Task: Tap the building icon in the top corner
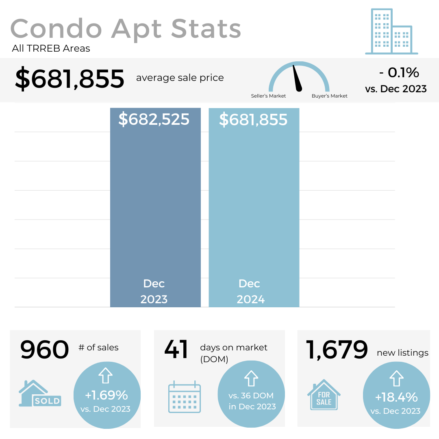(391, 32)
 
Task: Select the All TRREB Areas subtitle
(51, 49)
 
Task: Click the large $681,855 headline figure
(70, 79)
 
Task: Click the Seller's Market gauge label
(268, 96)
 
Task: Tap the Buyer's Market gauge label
(329, 96)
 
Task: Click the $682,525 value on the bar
(154, 120)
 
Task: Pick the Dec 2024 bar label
(251, 291)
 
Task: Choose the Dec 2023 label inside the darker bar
(154, 291)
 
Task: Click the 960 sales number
(45, 350)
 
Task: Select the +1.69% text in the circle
(106, 395)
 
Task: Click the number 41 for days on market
(176, 350)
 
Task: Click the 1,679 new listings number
(337, 350)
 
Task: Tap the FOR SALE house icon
(324, 395)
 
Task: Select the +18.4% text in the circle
(396, 397)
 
